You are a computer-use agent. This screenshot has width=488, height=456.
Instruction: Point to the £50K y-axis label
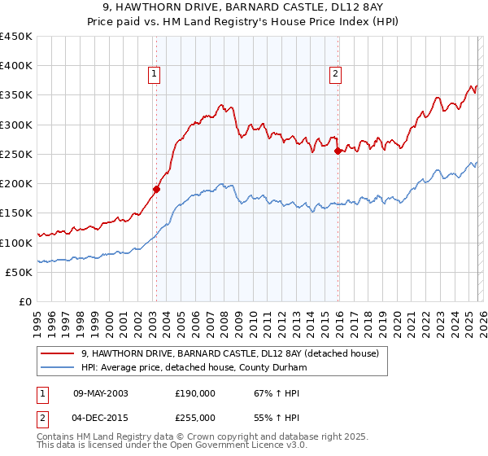pyautogui.click(x=19, y=272)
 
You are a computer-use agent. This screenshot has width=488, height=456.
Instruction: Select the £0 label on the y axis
pyautogui.click(x=25, y=301)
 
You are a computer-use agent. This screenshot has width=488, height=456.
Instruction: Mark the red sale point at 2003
pyautogui.click(x=156, y=189)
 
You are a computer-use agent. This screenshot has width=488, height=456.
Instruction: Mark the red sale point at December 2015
pyautogui.click(x=338, y=151)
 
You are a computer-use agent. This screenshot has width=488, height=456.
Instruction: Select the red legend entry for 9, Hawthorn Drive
pyautogui.click(x=229, y=353)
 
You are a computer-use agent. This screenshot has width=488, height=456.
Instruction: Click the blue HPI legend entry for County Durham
pyautogui.click(x=194, y=368)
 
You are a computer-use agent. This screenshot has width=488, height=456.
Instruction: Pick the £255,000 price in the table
pyautogui.click(x=195, y=417)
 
